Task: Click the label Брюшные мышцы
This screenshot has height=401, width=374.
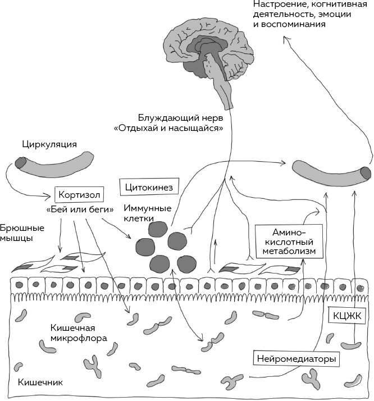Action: tap(17, 233)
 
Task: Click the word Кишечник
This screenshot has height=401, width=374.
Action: tap(40, 383)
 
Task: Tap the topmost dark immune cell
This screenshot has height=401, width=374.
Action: tap(158, 229)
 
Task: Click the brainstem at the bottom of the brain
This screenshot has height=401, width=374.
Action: tap(229, 97)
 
